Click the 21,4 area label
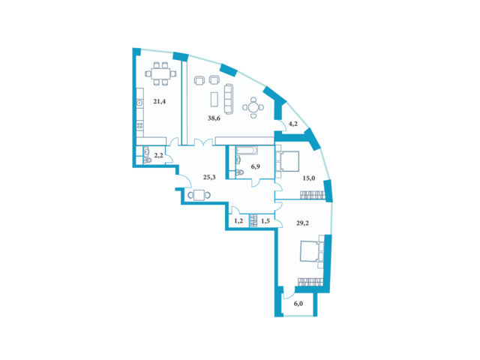(x=160, y=102)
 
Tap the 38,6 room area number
(x=214, y=118)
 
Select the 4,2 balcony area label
(x=293, y=124)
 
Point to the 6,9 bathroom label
(x=255, y=166)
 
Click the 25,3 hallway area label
(x=209, y=177)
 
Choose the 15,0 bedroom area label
(x=309, y=178)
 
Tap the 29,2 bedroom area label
(x=302, y=223)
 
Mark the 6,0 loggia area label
(x=298, y=304)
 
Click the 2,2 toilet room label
(x=158, y=155)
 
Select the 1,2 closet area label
(x=238, y=220)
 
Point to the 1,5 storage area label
(x=265, y=221)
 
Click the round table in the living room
(x=253, y=107)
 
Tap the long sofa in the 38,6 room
(x=229, y=98)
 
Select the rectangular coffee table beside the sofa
(x=214, y=99)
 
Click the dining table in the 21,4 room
(x=160, y=73)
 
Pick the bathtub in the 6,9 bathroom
(x=247, y=150)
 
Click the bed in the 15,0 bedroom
(x=287, y=161)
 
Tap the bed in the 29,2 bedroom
(x=310, y=251)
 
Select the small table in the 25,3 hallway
(x=199, y=195)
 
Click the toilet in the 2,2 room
(x=147, y=160)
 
